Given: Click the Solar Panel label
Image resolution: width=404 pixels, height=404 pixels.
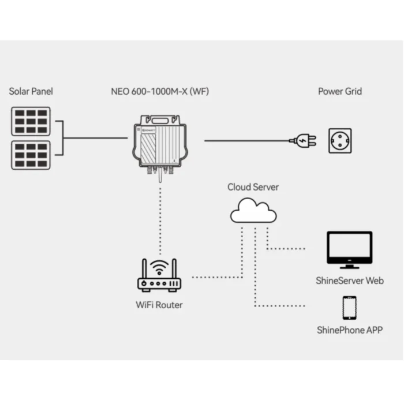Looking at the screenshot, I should tap(31, 92).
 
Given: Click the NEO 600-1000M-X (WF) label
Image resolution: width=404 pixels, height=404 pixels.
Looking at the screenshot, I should tap(160, 92).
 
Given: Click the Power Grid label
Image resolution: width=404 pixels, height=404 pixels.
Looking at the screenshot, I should tap(340, 92).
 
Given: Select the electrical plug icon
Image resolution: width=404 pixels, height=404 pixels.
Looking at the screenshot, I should tap(301, 140).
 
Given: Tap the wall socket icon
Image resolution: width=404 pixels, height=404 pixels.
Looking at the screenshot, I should tap(341, 140).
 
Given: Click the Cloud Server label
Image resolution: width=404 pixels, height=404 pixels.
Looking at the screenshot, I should tap(253, 187).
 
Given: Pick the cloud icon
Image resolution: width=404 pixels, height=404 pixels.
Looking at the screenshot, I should tap(253, 211).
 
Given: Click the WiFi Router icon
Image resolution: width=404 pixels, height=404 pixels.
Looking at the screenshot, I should tap(159, 276).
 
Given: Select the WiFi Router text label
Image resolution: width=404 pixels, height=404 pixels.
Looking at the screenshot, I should tap(159, 304).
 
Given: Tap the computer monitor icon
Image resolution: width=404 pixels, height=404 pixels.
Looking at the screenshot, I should tap(349, 250).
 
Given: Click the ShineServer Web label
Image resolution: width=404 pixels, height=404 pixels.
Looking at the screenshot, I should tap(349, 281).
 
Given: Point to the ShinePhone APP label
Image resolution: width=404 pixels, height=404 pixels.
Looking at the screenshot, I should tap(349, 330).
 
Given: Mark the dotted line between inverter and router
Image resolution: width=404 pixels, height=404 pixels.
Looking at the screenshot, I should tap(159, 219).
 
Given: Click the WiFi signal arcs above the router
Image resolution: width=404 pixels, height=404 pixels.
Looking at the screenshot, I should tap(159, 267).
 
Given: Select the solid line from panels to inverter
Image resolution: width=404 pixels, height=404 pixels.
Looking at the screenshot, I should tap(95, 138).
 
